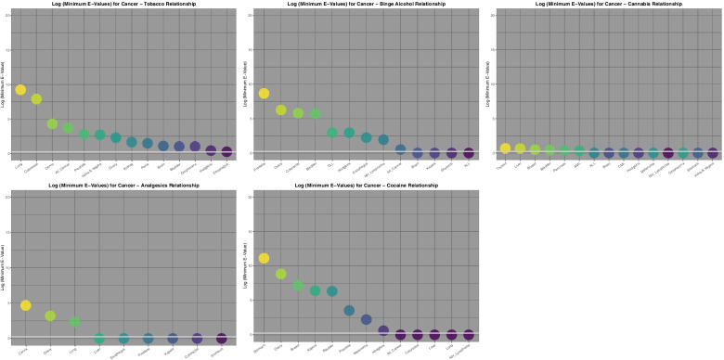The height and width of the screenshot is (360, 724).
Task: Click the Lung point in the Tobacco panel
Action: coord(20,90)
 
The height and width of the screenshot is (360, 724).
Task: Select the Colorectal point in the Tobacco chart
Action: coord(36,99)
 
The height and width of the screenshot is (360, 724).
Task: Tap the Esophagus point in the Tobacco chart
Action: coord(226,151)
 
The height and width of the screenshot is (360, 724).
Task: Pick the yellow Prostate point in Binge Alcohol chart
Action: coord(264,94)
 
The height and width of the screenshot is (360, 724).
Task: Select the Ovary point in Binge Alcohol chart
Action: coord(280,110)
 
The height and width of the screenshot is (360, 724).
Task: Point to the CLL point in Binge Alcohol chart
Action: coord(332,133)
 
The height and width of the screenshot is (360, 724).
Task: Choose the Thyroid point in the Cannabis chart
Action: coord(505,148)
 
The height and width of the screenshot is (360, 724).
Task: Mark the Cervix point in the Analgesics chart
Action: coord(26,305)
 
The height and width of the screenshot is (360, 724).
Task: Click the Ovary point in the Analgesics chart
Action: coord(50,316)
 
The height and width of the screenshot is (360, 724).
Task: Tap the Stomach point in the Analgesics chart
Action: coord(221,339)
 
